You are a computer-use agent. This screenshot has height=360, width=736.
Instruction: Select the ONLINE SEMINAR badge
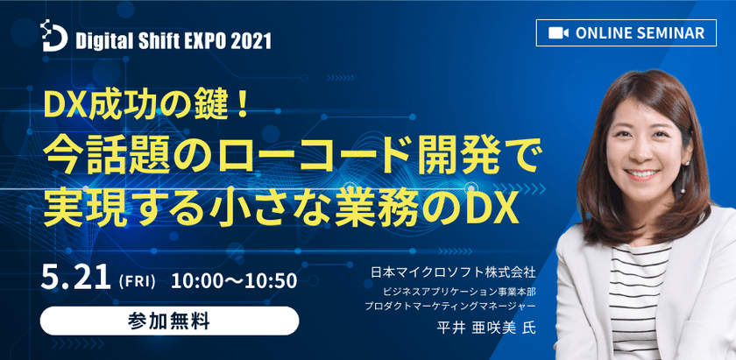[x=627, y=32]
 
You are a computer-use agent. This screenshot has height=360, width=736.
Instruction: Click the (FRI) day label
[x=137, y=282]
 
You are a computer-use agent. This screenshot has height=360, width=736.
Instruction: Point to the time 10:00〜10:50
[x=235, y=281]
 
